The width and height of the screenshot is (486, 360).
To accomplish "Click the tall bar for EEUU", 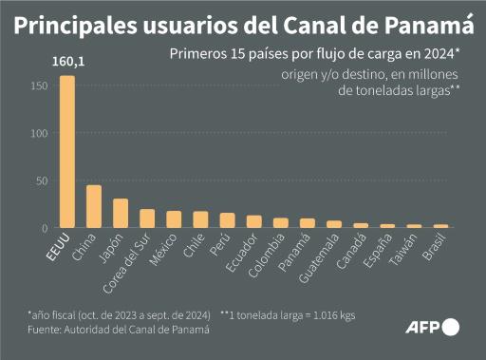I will (66, 152).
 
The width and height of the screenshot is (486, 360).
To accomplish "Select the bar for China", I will (94, 206).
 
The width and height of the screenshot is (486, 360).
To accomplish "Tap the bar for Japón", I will (121, 213).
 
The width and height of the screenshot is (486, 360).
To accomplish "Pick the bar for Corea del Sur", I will (147, 218).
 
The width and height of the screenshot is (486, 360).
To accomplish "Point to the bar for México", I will (174, 219).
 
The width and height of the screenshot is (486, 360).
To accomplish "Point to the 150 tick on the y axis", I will (38, 86).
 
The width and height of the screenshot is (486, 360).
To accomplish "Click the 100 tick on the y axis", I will (38, 134).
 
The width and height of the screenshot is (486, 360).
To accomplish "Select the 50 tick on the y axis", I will (41, 180).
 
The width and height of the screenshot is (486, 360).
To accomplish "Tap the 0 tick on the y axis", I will (44, 228).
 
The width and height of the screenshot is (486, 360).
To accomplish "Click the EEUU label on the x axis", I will (59, 250).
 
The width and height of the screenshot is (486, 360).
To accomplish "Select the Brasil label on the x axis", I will (435, 251).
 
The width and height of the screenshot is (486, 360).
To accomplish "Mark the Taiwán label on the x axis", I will (406, 252).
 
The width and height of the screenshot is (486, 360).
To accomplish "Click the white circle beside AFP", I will (450, 328).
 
